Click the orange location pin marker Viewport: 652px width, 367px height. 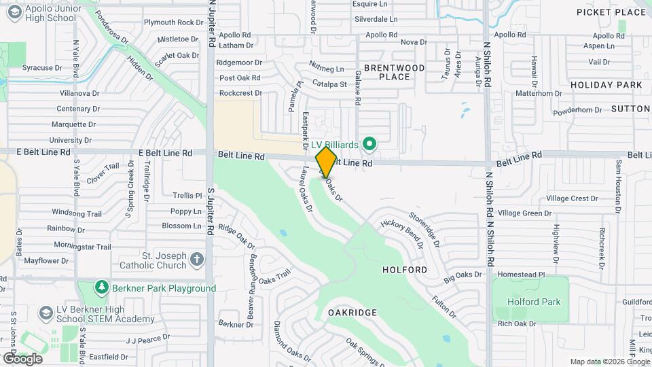coord(326,162)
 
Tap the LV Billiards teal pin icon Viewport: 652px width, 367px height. coord(369,144)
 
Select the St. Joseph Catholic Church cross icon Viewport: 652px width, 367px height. coord(197,260)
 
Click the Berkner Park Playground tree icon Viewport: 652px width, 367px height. coord(102,288)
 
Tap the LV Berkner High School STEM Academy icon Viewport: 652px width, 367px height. coord(46,314)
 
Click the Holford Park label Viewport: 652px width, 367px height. coord(536,302)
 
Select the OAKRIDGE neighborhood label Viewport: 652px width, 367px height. coord(352,312)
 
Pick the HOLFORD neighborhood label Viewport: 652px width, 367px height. coord(405,270)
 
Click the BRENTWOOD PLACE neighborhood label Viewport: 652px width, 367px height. coord(394,72)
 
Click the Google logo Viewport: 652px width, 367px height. coord(22,358)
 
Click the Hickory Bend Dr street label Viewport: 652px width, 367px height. coord(401,232)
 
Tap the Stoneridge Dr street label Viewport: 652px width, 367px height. coord(425,229)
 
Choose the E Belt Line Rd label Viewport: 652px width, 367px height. coord(165,154)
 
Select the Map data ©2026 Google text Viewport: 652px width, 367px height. coord(609,362)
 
